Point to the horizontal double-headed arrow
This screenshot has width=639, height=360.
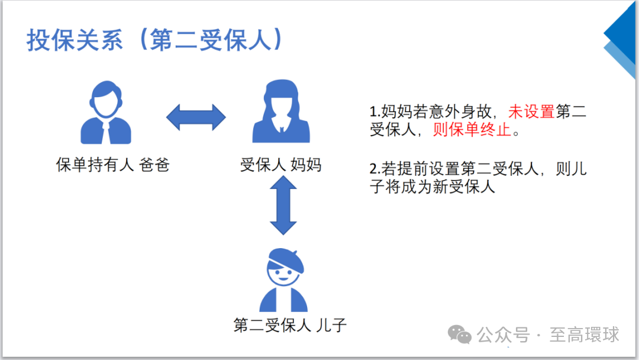[196, 117]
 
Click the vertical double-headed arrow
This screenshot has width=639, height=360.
[283, 205]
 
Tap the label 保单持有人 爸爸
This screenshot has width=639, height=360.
[112, 165]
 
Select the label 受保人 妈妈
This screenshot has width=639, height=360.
[280, 165]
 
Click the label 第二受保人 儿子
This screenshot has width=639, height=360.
[289, 325]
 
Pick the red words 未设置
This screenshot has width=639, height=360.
[532, 112]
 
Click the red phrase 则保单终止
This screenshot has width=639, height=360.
[472, 130]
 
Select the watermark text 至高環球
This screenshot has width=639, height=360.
[585, 335]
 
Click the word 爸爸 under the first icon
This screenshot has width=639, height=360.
[154, 165]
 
